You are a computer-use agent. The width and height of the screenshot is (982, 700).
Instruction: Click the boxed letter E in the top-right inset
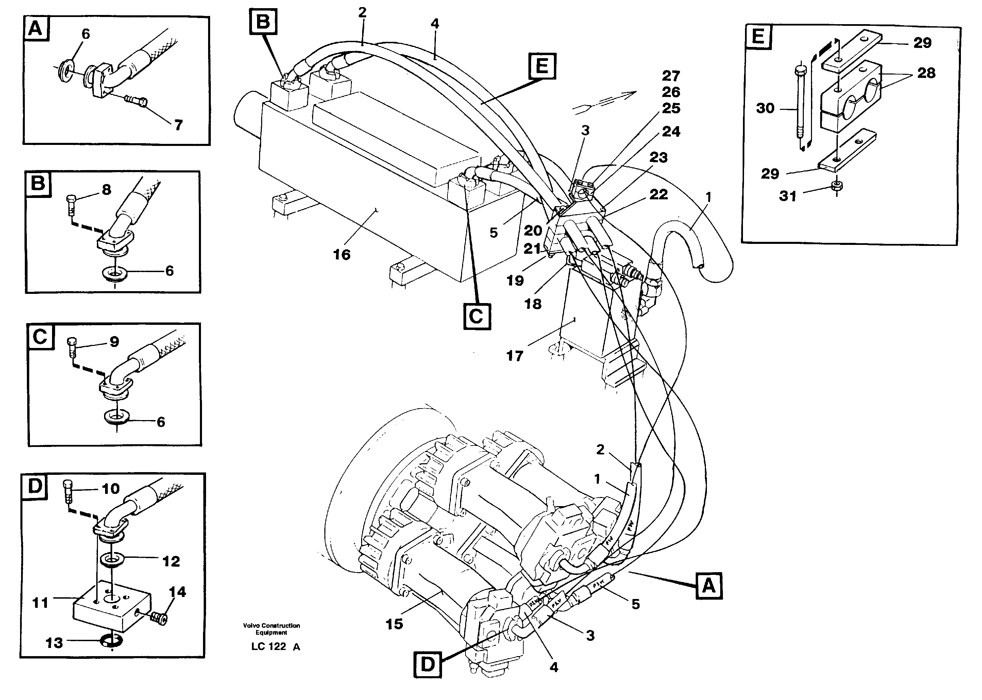758,37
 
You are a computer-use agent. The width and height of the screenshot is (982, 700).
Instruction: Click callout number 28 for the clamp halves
926,73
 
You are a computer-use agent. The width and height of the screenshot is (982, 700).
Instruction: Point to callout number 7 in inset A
179,125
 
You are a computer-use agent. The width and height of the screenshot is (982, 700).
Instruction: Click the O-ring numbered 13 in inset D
112,642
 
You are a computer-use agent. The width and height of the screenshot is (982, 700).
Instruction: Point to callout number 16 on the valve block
342,255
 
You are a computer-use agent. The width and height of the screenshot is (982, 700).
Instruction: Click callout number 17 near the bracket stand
515,356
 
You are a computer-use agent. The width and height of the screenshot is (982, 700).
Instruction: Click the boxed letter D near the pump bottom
427,664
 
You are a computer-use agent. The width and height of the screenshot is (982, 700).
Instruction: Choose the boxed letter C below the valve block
477,317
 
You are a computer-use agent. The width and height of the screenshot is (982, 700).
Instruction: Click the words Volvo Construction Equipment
271,629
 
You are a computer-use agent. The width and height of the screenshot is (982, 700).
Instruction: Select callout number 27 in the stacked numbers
671,76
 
